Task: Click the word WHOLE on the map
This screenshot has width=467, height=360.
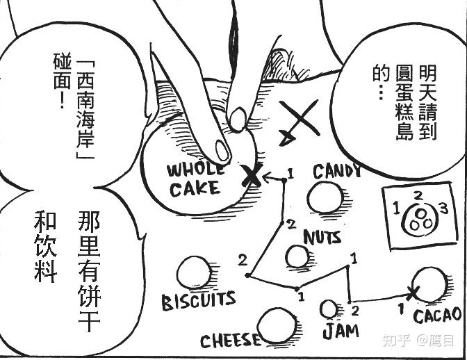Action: click(x=195, y=169)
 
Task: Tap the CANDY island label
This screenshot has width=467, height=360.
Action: click(x=336, y=171)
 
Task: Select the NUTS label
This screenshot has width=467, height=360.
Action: click(x=322, y=237)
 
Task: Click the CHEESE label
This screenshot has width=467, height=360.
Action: click(x=230, y=341)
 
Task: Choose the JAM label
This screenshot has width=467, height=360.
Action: click(x=340, y=330)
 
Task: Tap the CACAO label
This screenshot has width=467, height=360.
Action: click(x=436, y=316)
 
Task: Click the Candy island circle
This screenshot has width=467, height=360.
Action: click(x=325, y=197)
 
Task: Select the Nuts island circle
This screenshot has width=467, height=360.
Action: click(x=297, y=257)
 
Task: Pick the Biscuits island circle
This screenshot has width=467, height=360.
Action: click(x=194, y=274)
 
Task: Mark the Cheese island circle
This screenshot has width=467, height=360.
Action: click(x=277, y=327)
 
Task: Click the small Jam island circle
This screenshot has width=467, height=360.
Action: click(x=329, y=309)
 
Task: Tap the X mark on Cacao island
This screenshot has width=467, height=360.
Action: click(x=414, y=293)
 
